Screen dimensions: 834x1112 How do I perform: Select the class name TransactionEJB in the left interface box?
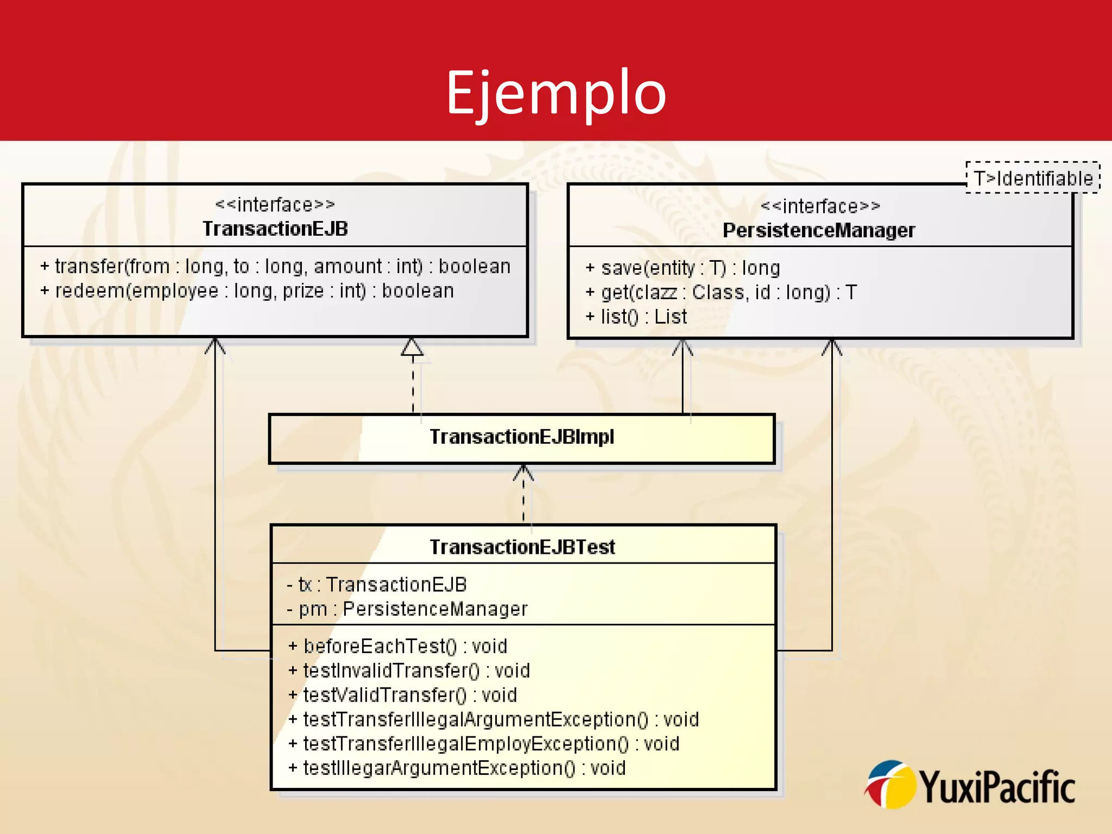[x=275, y=229]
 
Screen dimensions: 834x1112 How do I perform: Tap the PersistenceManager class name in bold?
[x=819, y=231]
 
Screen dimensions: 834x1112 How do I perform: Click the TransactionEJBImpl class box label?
[x=522, y=437]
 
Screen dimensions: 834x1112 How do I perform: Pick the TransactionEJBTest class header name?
[x=522, y=547]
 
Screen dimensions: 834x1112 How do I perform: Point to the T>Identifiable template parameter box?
[x=1033, y=178]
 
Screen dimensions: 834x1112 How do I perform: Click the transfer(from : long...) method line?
[x=275, y=267]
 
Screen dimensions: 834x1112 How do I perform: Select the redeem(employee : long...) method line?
[x=247, y=291]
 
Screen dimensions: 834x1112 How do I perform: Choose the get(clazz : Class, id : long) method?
[x=721, y=293]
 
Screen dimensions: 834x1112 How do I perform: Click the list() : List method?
[x=636, y=317]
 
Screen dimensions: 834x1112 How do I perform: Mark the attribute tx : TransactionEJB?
[x=377, y=585]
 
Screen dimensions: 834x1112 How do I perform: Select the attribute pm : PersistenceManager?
[x=407, y=609]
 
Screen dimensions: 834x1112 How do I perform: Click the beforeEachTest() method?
[x=397, y=647]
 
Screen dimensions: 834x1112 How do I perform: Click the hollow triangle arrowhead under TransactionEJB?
[x=412, y=347]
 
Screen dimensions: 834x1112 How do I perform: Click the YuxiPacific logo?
[x=970, y=786]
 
